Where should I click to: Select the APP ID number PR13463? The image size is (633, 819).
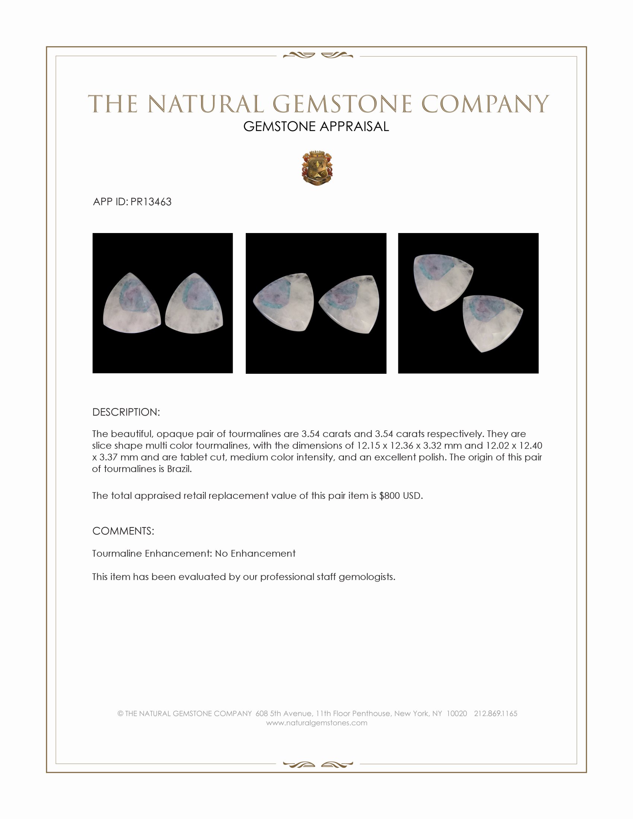pos(151,202)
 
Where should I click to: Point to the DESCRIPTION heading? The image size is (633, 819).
pos(126,412)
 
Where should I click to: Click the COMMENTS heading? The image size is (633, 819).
pos(123,531)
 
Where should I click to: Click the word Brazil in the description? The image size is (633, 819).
pos(179,469)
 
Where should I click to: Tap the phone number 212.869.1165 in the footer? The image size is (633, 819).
pos(495,714)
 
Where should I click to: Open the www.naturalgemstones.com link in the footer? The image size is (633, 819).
pos(316,723)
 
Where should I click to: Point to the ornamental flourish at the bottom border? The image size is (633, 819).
pos(318,764)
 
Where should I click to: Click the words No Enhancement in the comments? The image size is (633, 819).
pos(255,554)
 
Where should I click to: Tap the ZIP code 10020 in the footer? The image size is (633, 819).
pos(457,714)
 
